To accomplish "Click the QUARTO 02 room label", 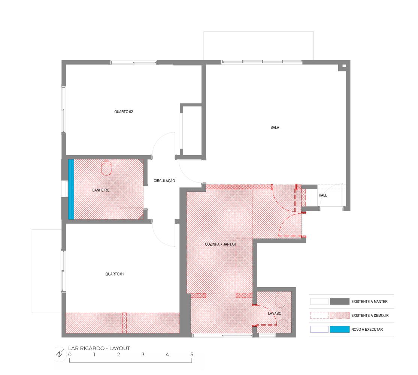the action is (x=124, y=112).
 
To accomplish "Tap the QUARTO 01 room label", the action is (x=114, y=274).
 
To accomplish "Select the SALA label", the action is (x=275, y=127).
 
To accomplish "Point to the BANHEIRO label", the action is (x=101, y=190).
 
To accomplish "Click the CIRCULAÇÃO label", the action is (x=164, y=181).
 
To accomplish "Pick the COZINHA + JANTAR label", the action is (x=220, y=244).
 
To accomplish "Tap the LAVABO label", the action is (x=275, y=313).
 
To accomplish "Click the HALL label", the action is (x=322, y=195).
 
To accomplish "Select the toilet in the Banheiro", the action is (x=106, y=168).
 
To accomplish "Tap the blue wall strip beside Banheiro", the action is (x=71, y=189).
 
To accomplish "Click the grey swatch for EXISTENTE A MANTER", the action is (x=339, y=301).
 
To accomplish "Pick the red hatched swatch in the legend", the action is (x=339, y=315).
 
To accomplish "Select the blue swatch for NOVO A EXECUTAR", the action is (x=339, y=329).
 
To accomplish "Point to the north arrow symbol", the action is (x=59, y=354).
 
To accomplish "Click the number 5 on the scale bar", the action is (x=192, y=355).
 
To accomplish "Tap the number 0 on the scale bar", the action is (x=70, y=355).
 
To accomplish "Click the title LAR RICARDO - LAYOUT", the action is (x=99, y=348).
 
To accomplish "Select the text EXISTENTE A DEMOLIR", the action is (x=370, y=315).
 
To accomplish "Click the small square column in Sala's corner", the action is (x=344, y=66).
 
